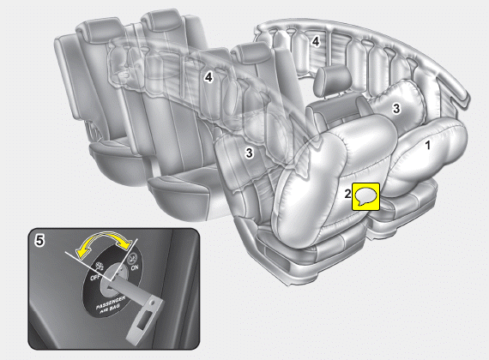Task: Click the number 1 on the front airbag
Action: [428, 145]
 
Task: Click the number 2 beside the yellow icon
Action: [347, 194]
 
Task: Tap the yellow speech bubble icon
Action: [365, 196]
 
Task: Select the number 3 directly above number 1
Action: [396, 109]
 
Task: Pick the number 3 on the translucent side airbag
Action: [249, 153]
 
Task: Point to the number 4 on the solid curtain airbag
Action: [316, 41]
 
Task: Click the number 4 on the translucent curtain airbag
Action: [208, 77]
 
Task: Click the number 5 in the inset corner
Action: [39, 241]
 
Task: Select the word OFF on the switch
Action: [95, 277]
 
